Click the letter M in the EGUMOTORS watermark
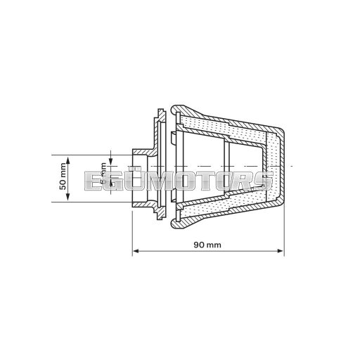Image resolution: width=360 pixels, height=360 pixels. click(157, 181)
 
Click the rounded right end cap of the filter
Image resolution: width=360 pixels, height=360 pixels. click(281, 165)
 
